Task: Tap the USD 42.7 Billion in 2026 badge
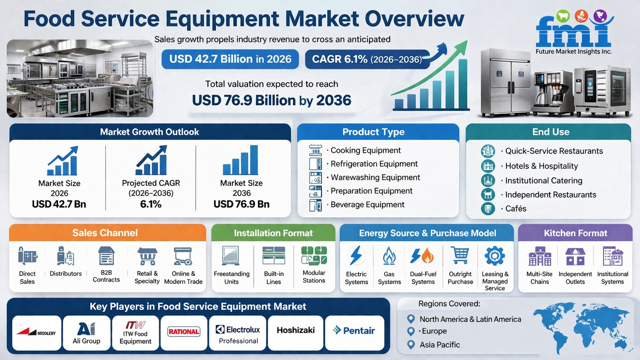click(230, 59)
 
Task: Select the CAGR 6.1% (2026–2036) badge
click(367, 59)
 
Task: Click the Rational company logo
click(184, 332)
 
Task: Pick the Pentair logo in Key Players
click(354, 331)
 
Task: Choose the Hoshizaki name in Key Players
click(296, 330)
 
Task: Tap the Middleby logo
click(36, 332)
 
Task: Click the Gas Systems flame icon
click(389, 256)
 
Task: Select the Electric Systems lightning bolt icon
click(356, 255)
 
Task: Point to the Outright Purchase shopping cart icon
click(460, 255)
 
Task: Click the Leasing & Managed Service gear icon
click(495, 256)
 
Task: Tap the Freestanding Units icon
click(230, 256)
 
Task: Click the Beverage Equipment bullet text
click(367, 205)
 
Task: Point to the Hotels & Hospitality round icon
click(488, 166)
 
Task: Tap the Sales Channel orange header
click(108, 233)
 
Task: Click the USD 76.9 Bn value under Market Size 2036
click(242, 204)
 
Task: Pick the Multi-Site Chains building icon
click(539, 256)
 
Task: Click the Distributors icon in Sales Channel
click(65, 256)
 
